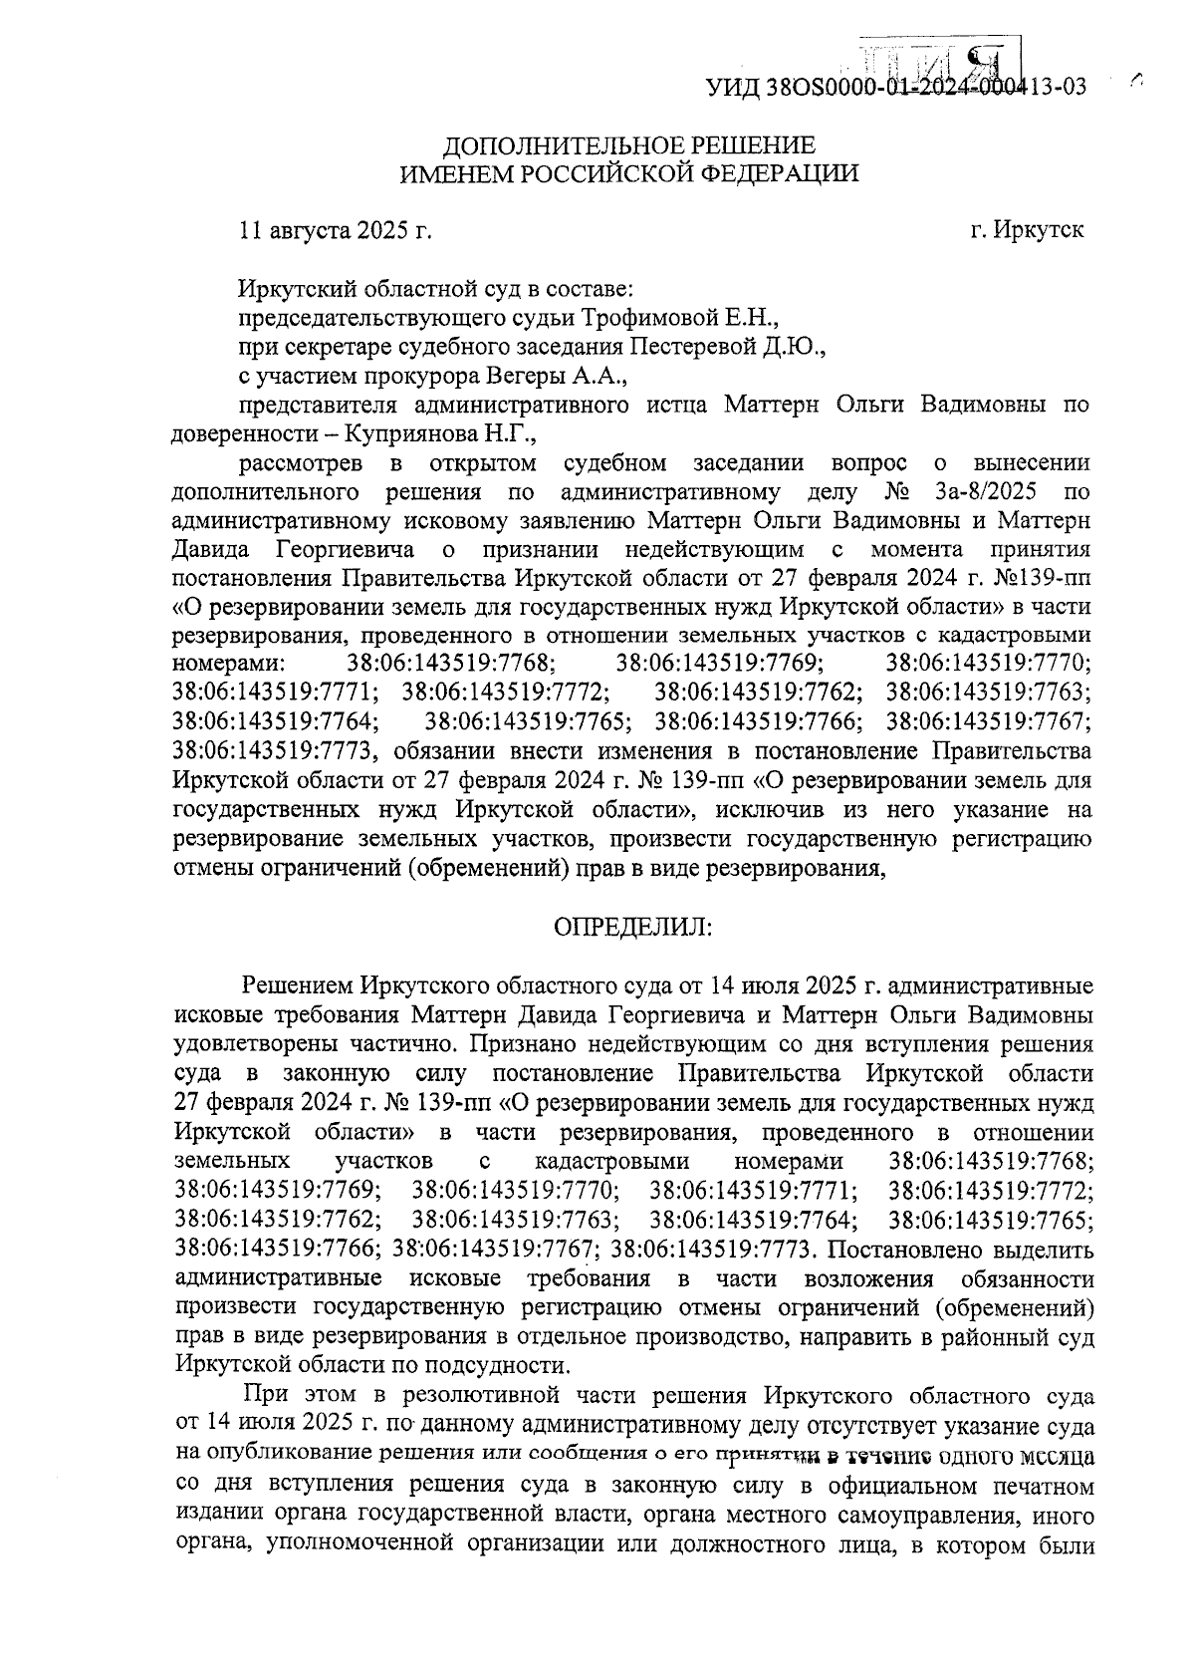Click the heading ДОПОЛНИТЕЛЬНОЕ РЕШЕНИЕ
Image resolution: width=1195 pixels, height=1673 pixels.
pyautogui.click(x=627, y=144)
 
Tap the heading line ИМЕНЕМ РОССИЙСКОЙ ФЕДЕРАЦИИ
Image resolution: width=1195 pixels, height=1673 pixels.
pyautogui.click(x=627, y=174)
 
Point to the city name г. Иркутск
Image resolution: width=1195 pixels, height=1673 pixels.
pyautogui.click(x=1027, y=230)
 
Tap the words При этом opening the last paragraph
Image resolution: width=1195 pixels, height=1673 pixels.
pyautogui.click(x=294, y=1394)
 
